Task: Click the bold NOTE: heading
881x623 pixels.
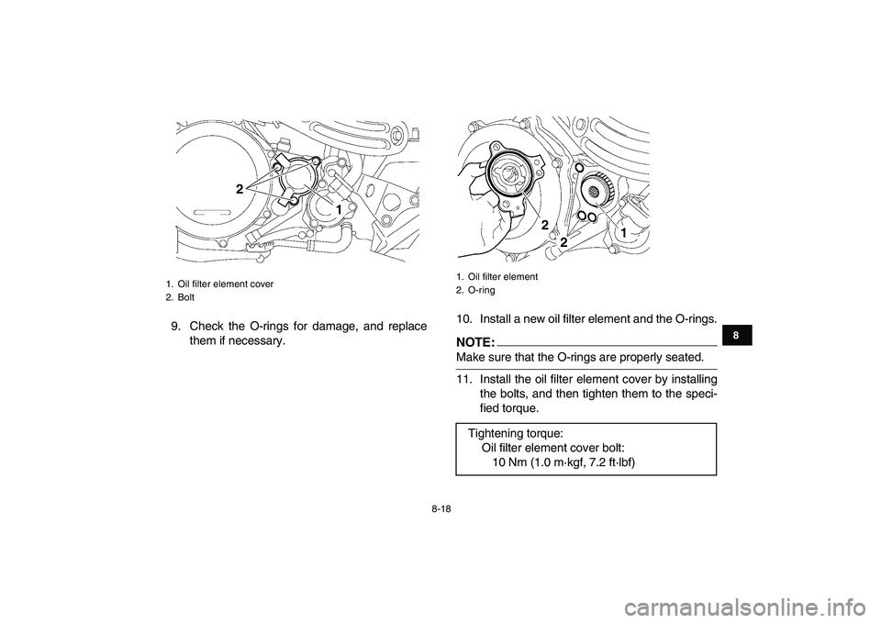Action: pyautogui.click(x=475, y=342)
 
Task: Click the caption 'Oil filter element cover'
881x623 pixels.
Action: pyautogui.click(x=226, y=284)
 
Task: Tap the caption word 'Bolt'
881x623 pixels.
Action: pyautogui.click(x=186, y=297)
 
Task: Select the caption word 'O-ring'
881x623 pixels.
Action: pyautogui.click(x=481, y=291)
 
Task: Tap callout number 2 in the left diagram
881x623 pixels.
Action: pyautogui.click(x=240, y=189)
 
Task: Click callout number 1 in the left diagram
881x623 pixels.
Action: pyautogui.click(x=339, y=209)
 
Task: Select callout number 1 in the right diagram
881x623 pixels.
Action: pyautogui.click(x=623, y=231)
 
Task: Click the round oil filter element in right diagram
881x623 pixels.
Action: pyautogui.click(x=594, y=191)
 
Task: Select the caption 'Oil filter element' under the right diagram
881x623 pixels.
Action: pyautogui.click(x=502, y=277)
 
